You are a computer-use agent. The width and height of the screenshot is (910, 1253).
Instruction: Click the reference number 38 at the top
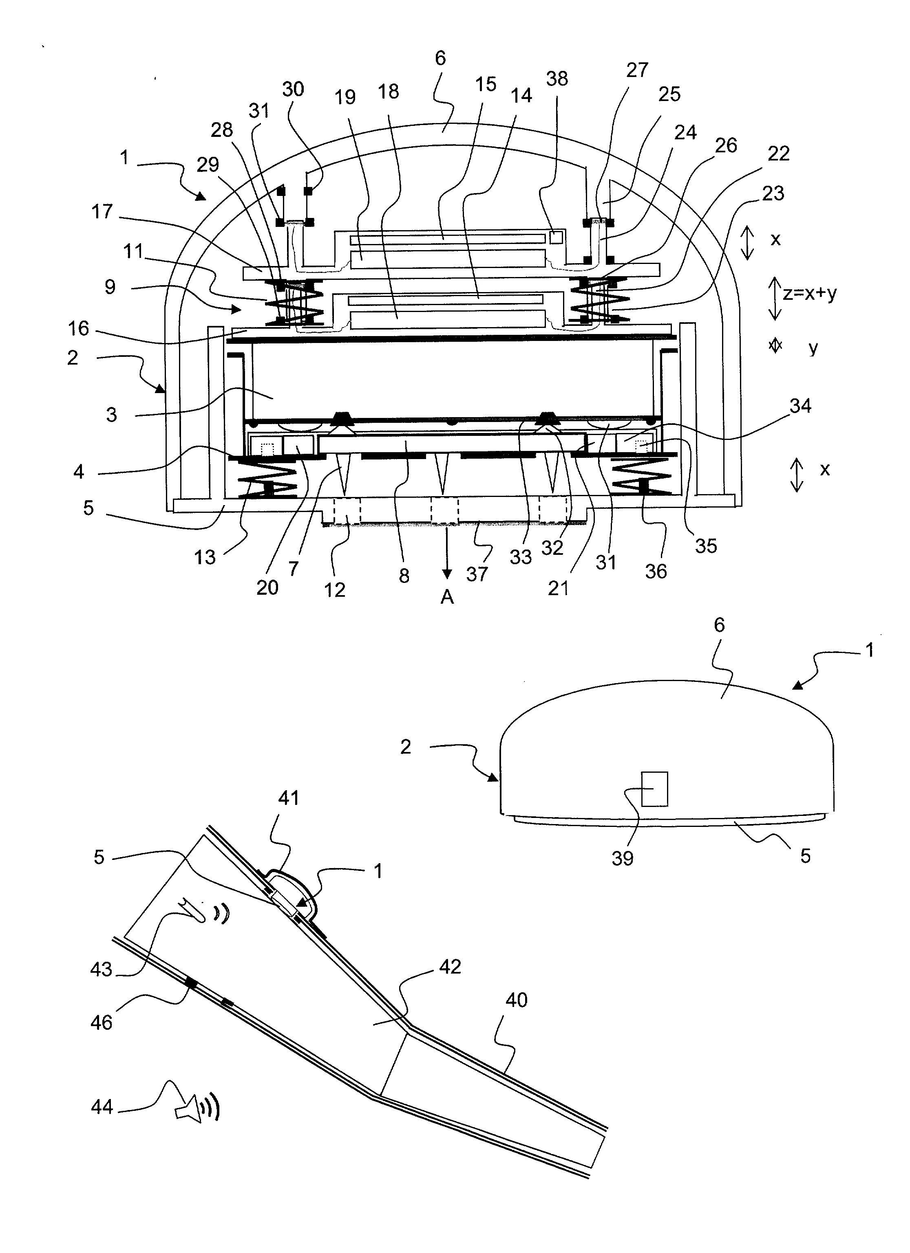pyautogui.click(x=557, y=79)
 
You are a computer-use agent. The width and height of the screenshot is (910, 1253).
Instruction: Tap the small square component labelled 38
pyautogui.click(x=556, y=237)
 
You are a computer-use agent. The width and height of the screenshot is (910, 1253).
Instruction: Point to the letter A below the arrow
pyautogui.click(x=447, y=597)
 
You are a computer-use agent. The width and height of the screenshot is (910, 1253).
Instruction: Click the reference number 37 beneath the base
pyautogui.click(x=477, y=574)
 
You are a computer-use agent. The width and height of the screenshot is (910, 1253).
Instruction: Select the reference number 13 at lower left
pyautogui.click(x=205, y=557)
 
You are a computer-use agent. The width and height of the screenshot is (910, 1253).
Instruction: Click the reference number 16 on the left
pyautogui.click(x=78, y=329)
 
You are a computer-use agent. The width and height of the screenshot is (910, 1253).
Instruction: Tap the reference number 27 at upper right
pyautogui.click(x=637, y=70)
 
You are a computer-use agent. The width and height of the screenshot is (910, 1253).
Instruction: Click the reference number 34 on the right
pyautogui.click(x=800, y=406)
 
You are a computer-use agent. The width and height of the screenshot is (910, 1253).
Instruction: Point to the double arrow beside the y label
pyautogui.click(x=775, y=346)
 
